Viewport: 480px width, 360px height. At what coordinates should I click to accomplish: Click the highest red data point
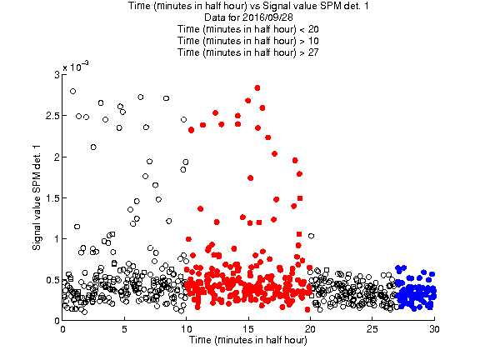point(257,88)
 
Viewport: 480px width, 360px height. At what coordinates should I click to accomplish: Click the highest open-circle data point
point(72,91)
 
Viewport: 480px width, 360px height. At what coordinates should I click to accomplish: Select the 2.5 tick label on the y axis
point(52,116)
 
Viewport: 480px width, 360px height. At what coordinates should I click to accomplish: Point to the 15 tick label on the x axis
point(248,329)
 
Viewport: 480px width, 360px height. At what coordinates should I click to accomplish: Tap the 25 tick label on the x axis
point(372,329)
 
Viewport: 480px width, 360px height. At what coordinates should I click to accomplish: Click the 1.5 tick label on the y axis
point(52,198)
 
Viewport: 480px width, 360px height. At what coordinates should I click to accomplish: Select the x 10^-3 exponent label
point(76,66)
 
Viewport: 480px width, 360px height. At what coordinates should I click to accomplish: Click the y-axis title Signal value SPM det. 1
point(37,197)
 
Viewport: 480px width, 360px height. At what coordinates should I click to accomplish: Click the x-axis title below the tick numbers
point(248,340)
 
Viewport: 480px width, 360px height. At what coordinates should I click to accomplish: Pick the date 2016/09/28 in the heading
point(267,17)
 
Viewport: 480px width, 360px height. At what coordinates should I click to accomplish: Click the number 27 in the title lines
point(312,52)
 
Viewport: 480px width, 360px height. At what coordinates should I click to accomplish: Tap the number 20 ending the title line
point(313,29)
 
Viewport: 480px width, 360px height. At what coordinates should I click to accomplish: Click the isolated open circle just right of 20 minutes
point(311,236)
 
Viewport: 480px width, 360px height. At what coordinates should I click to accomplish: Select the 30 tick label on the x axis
point(434,329)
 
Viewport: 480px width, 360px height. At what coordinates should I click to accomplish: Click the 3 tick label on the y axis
point(57,75)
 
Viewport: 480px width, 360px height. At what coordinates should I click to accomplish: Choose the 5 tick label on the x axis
point(124,329)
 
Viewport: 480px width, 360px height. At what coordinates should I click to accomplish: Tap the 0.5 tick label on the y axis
point(52,280)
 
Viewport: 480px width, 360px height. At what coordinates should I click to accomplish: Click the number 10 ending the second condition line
point(313,41)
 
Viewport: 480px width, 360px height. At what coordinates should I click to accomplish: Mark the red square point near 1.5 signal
point(300,198)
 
